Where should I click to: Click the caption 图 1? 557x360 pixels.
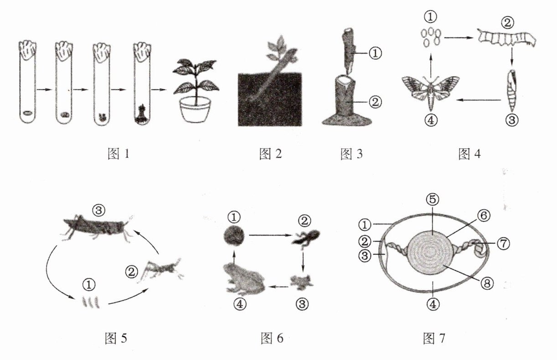(118, 154)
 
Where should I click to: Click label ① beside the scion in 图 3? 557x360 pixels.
(374, 53)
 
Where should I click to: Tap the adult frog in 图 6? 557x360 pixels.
(244, 278)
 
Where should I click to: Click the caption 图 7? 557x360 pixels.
(434, 338)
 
